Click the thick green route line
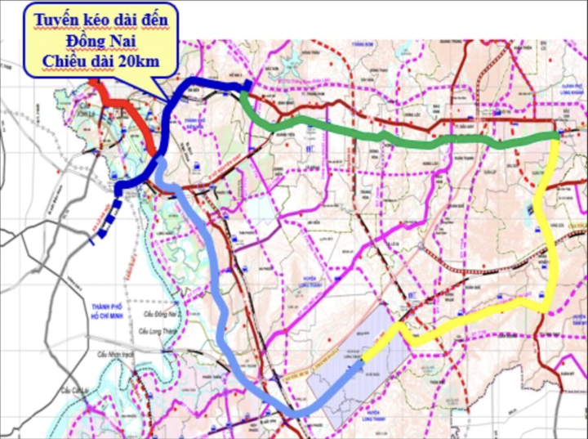[392, 137]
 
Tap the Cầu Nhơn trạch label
[116, 353]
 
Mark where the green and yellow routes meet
[557, 136]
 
